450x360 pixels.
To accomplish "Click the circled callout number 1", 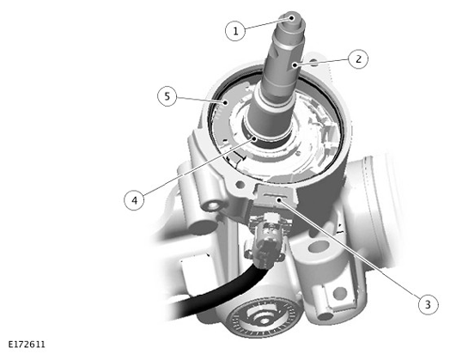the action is [x=235, y=31].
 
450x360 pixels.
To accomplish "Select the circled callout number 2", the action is [x=358, y=59].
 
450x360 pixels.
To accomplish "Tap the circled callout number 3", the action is [x=429, y=304].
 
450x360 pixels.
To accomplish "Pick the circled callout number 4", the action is [x=134, y=200].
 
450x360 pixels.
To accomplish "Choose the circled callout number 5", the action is [x=167, y=96].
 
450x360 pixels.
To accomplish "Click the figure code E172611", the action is [x=27, y=345].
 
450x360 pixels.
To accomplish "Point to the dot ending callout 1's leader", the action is [x=292, y=18].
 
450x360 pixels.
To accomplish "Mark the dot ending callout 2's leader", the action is [x=295, y=65].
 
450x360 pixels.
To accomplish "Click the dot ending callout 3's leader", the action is [x=278, y=199].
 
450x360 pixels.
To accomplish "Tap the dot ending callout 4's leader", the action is [x=254, y=138].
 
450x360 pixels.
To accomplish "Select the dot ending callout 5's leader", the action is [x=226, y=102].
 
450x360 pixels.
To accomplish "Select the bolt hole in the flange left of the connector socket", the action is [x=240, y=185].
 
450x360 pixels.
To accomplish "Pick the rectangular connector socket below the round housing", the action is [x=274, y=197].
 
